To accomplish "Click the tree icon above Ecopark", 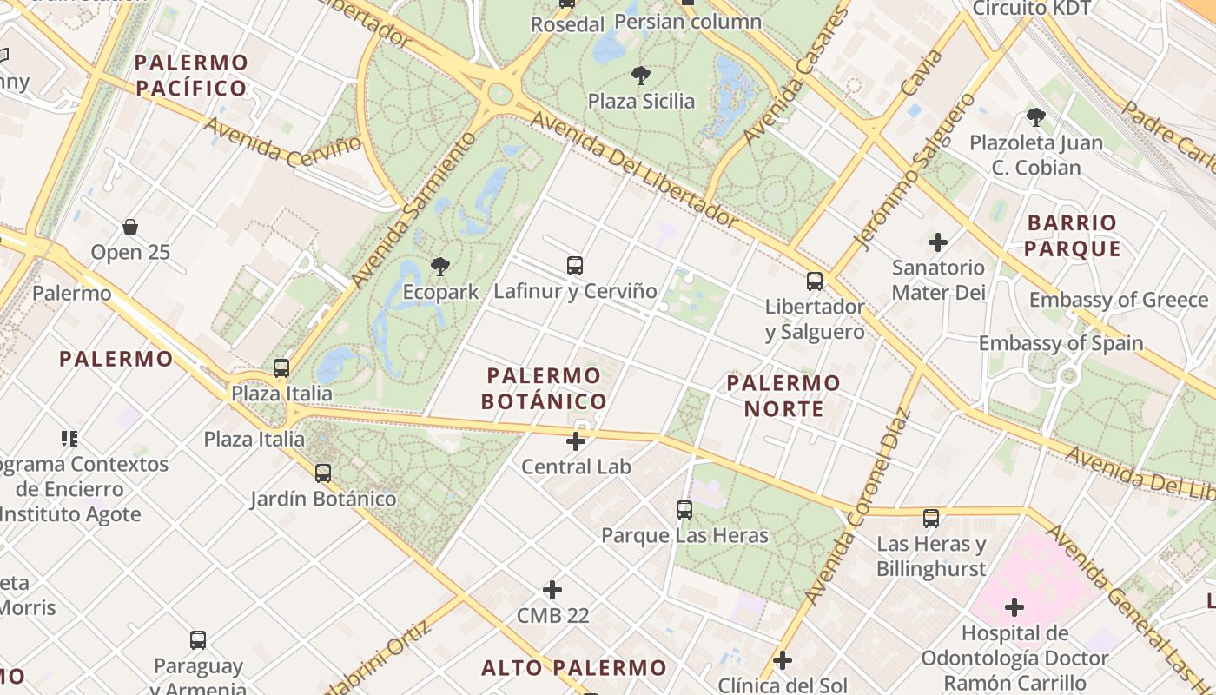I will (x=440, y=267).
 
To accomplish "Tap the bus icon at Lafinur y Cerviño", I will (x=574, y=266).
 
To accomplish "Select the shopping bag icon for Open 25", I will (x=130, y=228).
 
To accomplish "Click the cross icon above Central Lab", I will (x=575, y=441).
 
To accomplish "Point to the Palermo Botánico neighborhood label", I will (x=544, y=388).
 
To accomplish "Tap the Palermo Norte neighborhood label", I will (x=783, y=395).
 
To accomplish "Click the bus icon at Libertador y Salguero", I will (x=814, y=281).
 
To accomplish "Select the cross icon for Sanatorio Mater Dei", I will (x=938, y=242).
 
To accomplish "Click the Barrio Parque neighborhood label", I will (x=1072, y=235).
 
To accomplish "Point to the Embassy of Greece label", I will (x=1119, y=301).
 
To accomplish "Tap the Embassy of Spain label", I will (x=1061, y=343).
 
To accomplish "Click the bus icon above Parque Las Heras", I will (x=684, y=510).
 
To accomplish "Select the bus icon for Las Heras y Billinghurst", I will (x=931, y=519).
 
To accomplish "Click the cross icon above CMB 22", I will (x=552, y=591).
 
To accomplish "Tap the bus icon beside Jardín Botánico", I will (x=323, y=473).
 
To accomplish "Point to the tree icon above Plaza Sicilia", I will (x=641, y=76).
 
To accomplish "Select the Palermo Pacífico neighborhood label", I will (x=191, y=75).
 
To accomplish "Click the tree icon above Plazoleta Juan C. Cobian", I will (x=1035, y=117).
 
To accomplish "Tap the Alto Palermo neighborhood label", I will (x=573, y=668).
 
